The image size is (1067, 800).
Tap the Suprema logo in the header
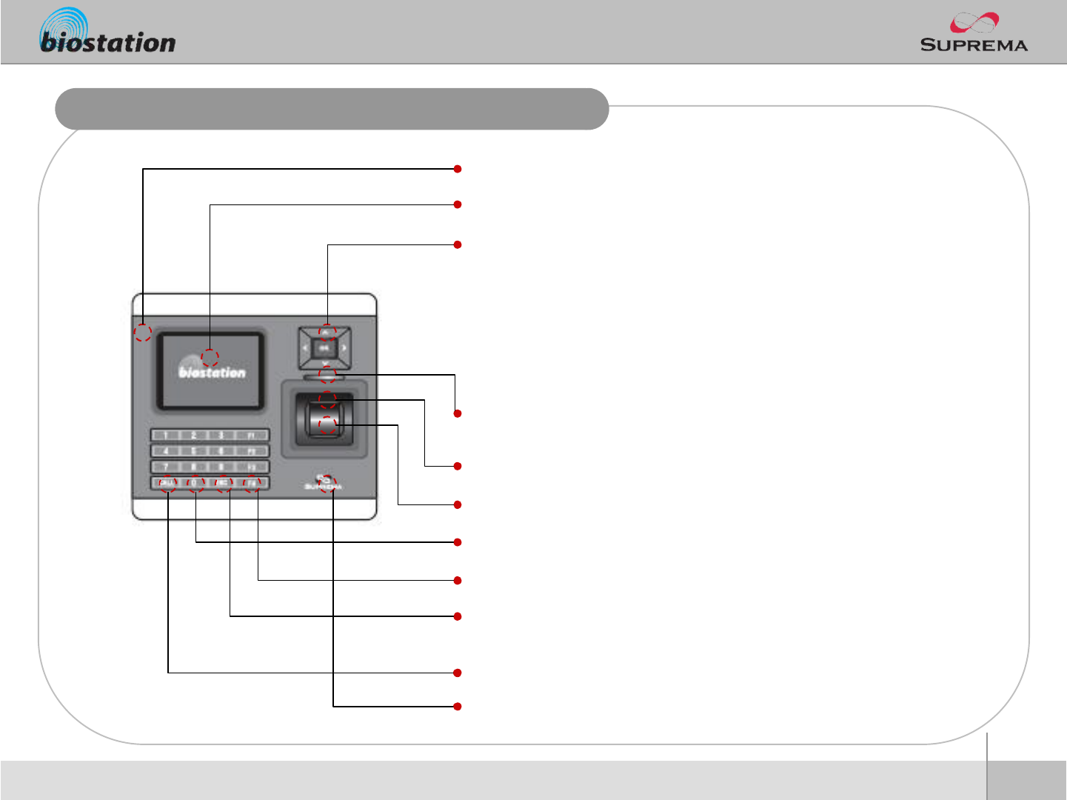point(974,33)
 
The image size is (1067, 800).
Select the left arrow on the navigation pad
point(305,347)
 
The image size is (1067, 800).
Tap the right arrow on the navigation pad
point(344,347)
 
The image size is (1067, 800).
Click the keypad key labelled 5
point(194,450)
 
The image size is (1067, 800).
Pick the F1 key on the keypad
point(252,435)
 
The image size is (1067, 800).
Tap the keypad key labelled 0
point(195,484)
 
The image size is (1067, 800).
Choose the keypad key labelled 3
point(221,435)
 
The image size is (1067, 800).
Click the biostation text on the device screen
point(213,373)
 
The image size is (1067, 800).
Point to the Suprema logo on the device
point(324,483)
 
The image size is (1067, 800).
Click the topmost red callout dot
point(458,169)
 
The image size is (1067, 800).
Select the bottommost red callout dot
point(458,707)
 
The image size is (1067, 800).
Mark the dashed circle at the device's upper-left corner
point(143,332)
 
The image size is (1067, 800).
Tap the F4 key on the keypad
point(252,484)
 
